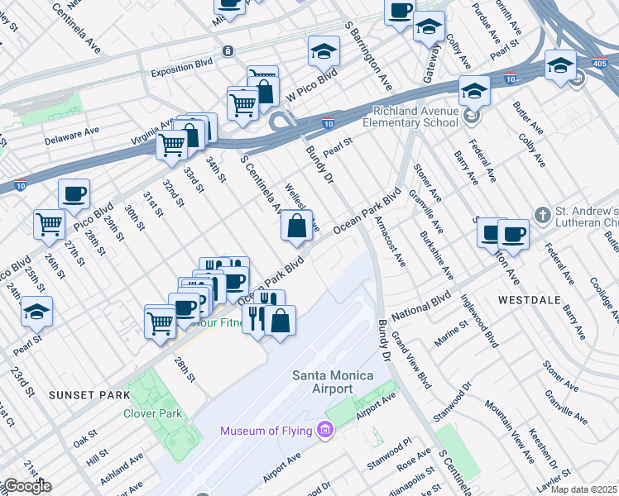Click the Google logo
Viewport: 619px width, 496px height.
26,486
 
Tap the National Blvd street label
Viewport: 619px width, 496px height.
421,304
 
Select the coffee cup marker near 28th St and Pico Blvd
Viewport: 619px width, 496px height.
74,196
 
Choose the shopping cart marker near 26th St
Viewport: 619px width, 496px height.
49,223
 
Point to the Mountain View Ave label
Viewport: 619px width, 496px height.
510,430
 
